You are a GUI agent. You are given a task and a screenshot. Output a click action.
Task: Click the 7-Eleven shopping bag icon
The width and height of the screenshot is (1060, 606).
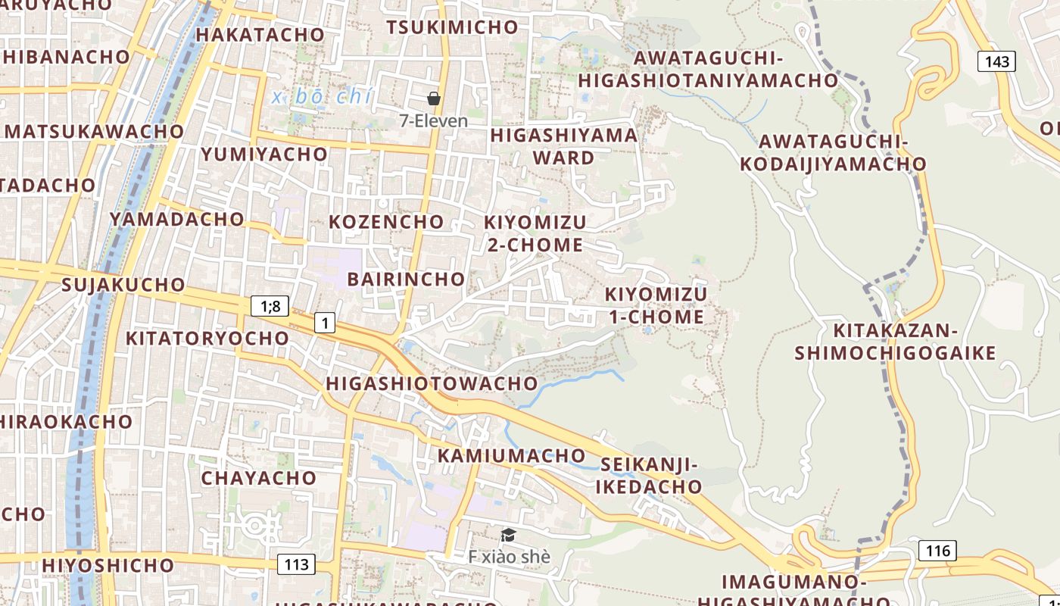click(x=434, y=98)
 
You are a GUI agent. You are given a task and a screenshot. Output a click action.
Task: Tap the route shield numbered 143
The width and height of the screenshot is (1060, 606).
click(x=996, y=61)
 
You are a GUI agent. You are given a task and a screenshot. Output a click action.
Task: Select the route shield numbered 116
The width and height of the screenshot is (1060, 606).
click(x=937, y=551)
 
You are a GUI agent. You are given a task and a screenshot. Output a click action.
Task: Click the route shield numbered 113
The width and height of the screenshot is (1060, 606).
click(x=296, y=564)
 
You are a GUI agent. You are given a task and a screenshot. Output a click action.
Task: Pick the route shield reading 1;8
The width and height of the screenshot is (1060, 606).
click(x=270, y=306)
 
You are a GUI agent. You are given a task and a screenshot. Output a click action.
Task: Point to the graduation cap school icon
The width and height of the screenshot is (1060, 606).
click(x=508, y=536)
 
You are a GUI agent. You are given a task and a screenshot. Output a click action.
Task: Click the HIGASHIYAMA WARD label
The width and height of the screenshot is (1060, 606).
click(x=564, y=146)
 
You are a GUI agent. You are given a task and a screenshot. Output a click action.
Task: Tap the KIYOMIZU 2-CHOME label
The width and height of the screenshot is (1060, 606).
click(x=535, y=233)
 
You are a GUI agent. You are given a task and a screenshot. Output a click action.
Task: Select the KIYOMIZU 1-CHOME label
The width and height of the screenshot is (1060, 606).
click(x=656, y=305)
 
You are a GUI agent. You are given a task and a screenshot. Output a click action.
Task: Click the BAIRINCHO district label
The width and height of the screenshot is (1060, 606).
click(x=406, y=279)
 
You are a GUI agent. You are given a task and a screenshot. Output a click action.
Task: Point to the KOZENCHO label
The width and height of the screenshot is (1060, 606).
click(x=386, y=222)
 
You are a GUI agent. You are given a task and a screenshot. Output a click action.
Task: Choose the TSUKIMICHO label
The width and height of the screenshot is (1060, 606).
click(x=452, y=27)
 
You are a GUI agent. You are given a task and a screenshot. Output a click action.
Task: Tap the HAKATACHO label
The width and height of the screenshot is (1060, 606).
click(x=260, y=35)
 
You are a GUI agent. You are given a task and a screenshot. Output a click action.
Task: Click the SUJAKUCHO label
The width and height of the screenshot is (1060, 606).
click(x=123, y=285)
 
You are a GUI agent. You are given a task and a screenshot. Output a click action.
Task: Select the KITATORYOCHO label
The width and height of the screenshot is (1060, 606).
click(x=207, y=338)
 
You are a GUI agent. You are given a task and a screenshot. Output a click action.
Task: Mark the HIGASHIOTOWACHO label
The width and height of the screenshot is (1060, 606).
click(x=432, y=383)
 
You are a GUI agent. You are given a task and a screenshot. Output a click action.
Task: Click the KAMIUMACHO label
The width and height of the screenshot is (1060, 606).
click(x=511, y=455)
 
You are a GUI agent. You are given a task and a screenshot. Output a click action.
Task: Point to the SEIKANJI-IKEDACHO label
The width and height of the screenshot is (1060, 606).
click(x=649, y=475)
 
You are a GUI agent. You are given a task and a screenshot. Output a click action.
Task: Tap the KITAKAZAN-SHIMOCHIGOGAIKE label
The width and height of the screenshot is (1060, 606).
click(x=895, y=342)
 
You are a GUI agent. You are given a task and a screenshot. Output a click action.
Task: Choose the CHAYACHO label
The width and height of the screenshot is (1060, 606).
click(x=258, y=478)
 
